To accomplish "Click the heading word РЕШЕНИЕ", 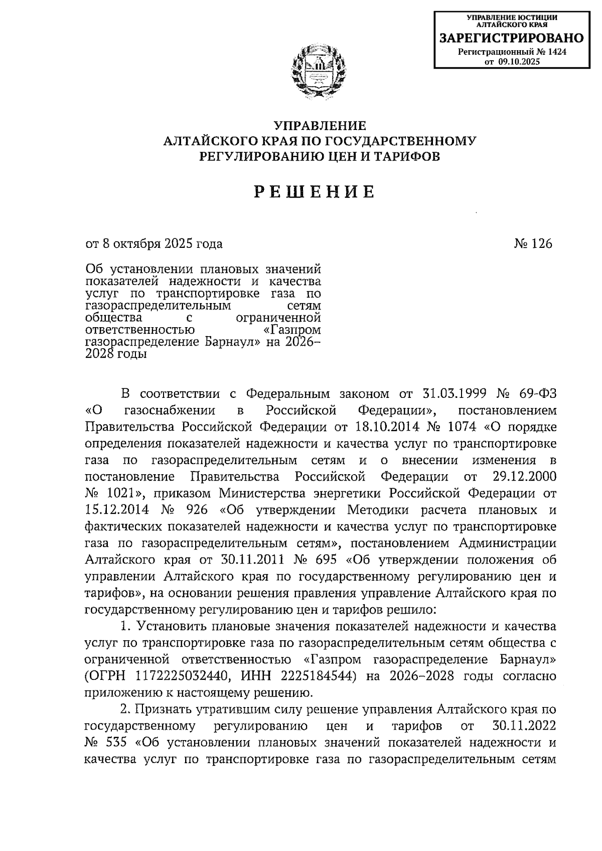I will pyautogui.click(x=314, y=192).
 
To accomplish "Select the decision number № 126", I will pyautogui.click(x=533, y=244).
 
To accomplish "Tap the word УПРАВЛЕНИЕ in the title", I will pyautogui.click(x=320, y=125).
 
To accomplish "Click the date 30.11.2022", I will pyautogui.click(x=522, y=726).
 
